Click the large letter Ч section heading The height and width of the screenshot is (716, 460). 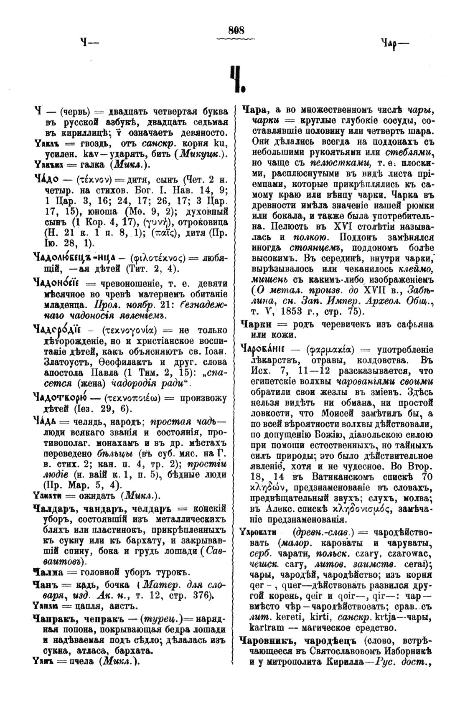[236, 79]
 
